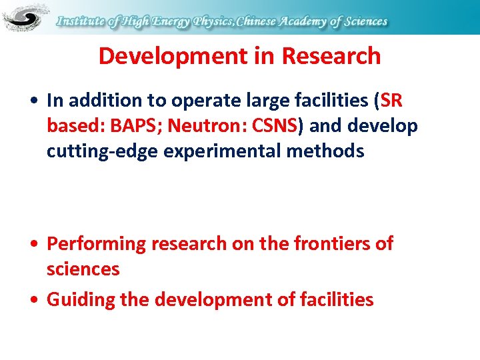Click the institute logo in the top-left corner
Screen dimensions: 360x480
tap(26, 17)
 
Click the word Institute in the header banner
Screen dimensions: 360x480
tap(81, 21)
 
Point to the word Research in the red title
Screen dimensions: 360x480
tap(331, 56)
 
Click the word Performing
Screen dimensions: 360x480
tap(96, 244)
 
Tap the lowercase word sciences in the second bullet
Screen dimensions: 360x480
tap(83, 269)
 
